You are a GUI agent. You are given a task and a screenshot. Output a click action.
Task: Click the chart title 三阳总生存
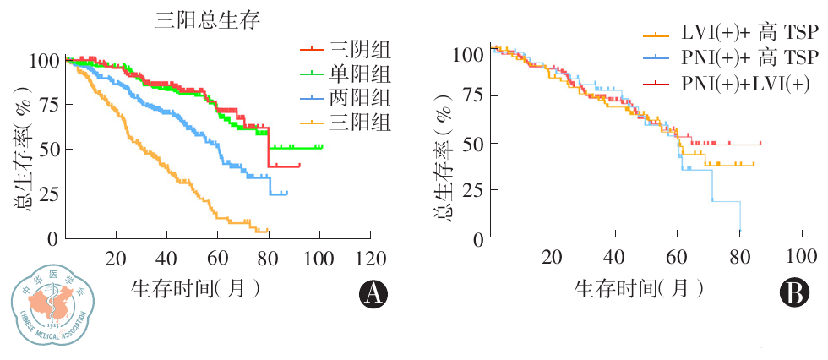206,19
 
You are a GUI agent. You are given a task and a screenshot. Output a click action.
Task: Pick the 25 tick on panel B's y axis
469,190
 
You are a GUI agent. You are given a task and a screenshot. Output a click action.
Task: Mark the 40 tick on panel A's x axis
166,258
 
